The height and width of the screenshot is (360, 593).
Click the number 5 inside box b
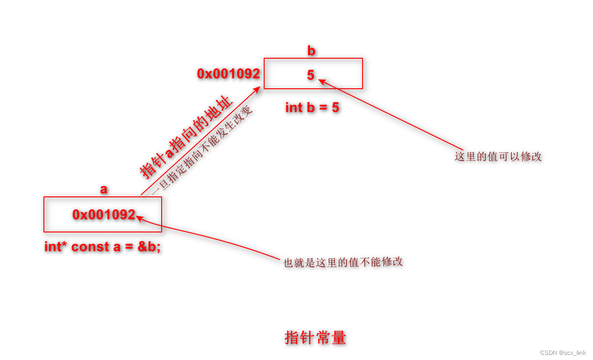click(311, 75)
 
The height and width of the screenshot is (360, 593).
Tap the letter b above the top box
click(311, 50)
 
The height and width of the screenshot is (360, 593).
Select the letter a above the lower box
click(103, 189)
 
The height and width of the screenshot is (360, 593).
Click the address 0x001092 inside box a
click(104, 214)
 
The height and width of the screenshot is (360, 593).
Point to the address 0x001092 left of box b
click(228, 73)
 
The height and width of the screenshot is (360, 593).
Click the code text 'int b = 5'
click(312, 108)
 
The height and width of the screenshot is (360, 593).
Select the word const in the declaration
click(91, 247)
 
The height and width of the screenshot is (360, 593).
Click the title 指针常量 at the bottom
click(315, 338)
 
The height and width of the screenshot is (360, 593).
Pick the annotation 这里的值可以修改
click(498, 157)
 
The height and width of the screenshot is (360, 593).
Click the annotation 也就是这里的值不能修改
click(343, 262)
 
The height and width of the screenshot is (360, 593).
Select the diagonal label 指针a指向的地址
click(186, 138)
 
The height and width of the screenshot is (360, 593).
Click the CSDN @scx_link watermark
click(563, 353)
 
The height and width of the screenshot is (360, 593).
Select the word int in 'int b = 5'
click(294, 108)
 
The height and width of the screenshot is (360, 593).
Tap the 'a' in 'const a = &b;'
click(117, 247)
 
